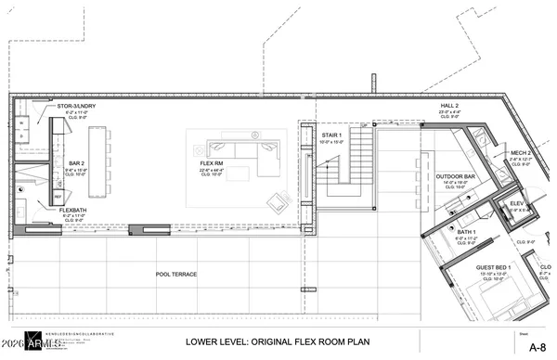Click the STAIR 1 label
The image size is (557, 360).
click(307, 135)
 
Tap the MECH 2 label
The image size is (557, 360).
click(520, 152)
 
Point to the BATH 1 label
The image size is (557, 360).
click(466, 230)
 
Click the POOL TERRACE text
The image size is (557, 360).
click(177, 274)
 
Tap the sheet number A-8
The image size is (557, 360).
click(537, 346)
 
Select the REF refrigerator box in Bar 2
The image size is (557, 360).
click(57, 197)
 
